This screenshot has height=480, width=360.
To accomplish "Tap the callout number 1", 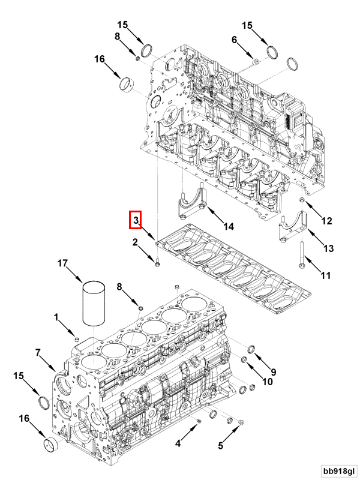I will tap(56, 316).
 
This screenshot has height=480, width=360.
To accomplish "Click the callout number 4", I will tap(178, 444).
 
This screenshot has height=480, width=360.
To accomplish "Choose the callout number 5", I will tap(220, 445).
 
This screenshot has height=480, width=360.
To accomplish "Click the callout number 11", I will tap(325, 275).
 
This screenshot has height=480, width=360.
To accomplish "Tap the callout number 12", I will tap(326, 221).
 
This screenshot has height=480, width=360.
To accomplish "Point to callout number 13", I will tap(328, 248).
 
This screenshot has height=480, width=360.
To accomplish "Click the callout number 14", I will tap(228, 226).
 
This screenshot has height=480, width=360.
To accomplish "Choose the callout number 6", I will tap(235, 40).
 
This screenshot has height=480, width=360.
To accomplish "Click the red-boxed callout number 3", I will tap(136, 221).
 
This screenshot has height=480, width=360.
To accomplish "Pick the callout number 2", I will tap(136, 242).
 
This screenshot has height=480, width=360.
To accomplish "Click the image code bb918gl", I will tap(338, 470).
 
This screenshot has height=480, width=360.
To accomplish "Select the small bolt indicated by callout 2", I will tap(157, 262).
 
